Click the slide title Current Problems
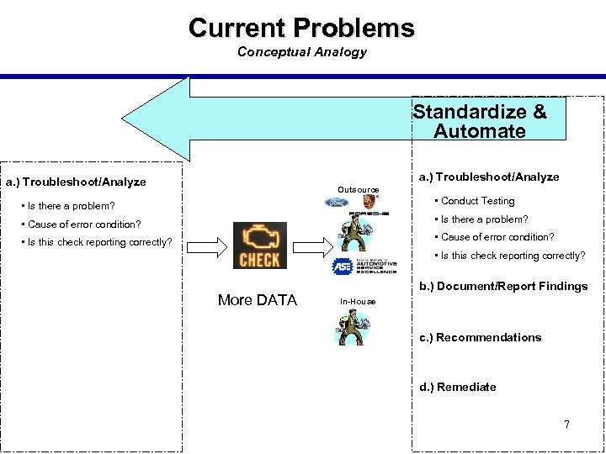point(301,28)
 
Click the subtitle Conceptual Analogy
point(301,52)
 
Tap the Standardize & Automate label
point(479,121)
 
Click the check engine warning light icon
point(259,245)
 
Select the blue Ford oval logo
point(336,203)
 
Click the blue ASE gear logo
point(342,267)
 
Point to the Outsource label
point(358,190)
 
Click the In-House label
point(358,301)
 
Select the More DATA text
point(257,300)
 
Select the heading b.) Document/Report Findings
point(503,287)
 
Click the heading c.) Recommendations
point(480,337)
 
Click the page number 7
point(566,425)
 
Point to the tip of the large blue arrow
point(126,119)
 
